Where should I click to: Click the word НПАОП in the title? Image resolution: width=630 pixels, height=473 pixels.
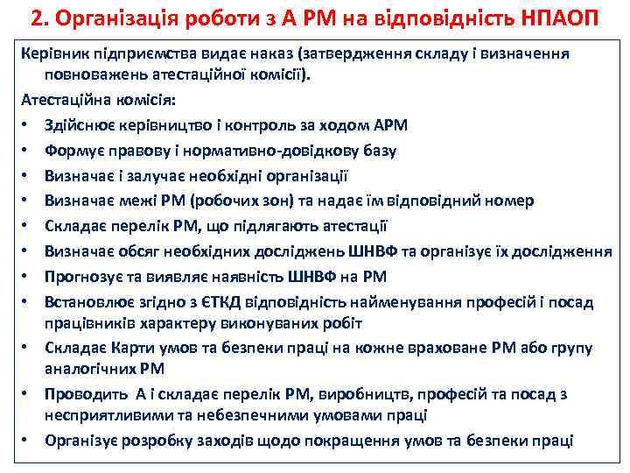click(556, 18)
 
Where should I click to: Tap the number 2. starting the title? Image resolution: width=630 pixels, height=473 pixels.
click(38, 18)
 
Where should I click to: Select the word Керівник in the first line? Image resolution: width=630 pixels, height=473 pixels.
click(52, 53)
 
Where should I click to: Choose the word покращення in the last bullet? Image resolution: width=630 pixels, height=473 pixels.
click(362, 439)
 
